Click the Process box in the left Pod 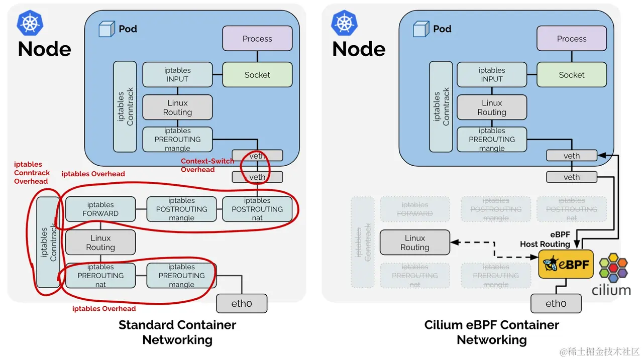pyautogui.click(x=257, y=39)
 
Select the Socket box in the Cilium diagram pyautogui.click(x=572, y=75)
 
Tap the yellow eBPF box pyautogui.click(x=566, y=264)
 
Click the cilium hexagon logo pyautogui.click(x=613, y=267)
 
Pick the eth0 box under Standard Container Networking pyautogui.click(x=242, y=304)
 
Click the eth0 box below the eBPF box pyautogui.click(x=556, y=304)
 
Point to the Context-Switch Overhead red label pyautogui.click(x=207, y=165)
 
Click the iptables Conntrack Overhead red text pyautogui.click(x=32, y=173)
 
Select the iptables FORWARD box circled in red pyautogui.click(x=100, y=209)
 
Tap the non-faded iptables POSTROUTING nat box pyautogui.click(x=257, y=209)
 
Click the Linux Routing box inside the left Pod pyautogui.click(x=177, y=107)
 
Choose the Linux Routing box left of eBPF pyautogui.click(x=415, y=243)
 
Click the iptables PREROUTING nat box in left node pyautogui.click(x=100, y=275)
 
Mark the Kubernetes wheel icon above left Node pyautogui.click(x=30, y=23)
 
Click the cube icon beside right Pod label pyautogui.click(x=421, y=29)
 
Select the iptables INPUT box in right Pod pyautogui.click(x=492, y=75)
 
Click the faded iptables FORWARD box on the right pyautogui.click(x=415, y=209)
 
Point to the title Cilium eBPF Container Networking pyautogui.click(x=491, y=332)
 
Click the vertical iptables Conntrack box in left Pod pyautogui.click(x=125, y=106)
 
